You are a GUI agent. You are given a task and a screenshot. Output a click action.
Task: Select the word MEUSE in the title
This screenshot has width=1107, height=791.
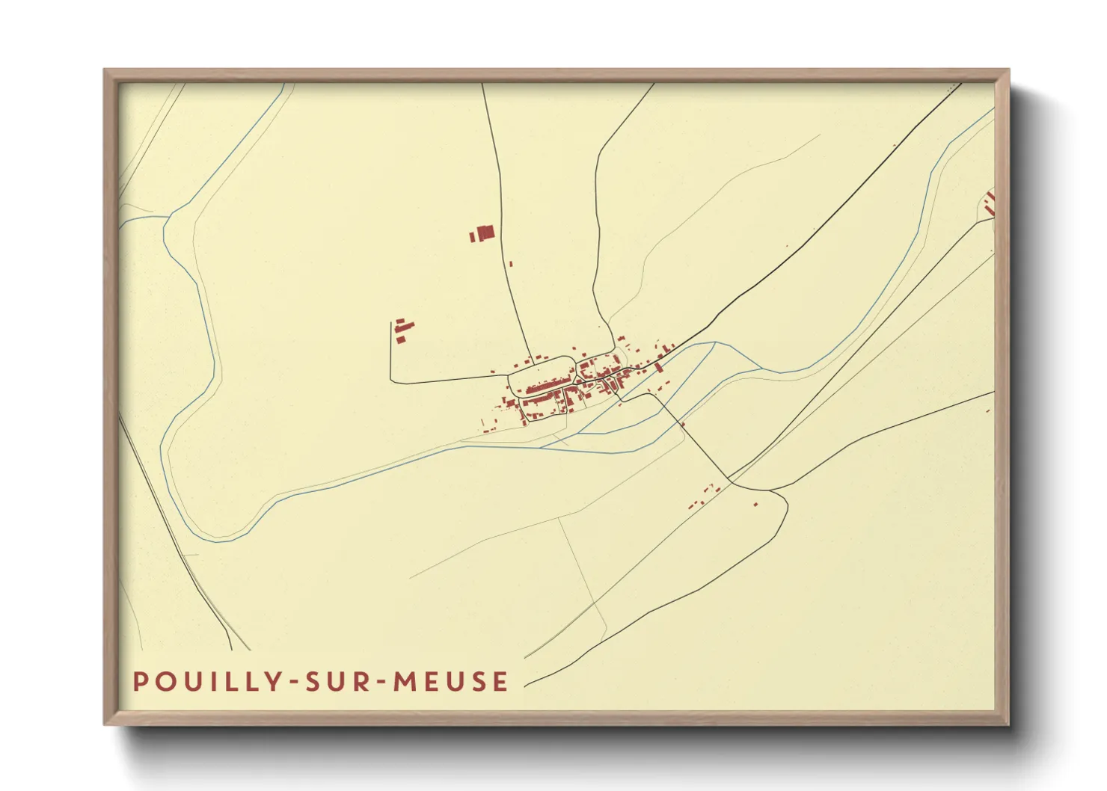pyautogui.click(x=452, y=682)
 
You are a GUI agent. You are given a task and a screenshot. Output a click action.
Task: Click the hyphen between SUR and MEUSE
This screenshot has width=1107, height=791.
pyautogui.click(x=383, y=683)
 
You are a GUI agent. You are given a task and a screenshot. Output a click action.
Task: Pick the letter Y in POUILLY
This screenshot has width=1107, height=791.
pyautogui.click(x=275, y=682)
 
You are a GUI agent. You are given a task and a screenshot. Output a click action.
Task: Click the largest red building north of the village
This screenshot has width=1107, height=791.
pyautogui.click(x=486, y=233)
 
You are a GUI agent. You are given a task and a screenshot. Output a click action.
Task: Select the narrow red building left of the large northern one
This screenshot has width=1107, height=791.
pyautogui.click(x=472, y=237)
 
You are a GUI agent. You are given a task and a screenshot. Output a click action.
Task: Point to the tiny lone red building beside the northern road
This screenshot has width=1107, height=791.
pyautogui.click(x=511, y=263)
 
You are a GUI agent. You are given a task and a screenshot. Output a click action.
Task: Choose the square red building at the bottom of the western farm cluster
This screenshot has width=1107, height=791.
pyautogui.click(x=400, y=340)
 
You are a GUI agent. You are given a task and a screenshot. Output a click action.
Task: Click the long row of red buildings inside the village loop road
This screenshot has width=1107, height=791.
pyautogui.click(x=545, y=387)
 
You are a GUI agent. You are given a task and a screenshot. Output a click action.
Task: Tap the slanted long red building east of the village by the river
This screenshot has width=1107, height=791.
pyautogui.click(x=658, y=367)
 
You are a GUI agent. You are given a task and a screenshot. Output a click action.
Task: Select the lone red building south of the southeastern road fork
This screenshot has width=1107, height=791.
pyautogui.click(x=755, y=504)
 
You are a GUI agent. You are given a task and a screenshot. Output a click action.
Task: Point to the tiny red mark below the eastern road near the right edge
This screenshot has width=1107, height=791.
pyautogui.click(x=988, y=410)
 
